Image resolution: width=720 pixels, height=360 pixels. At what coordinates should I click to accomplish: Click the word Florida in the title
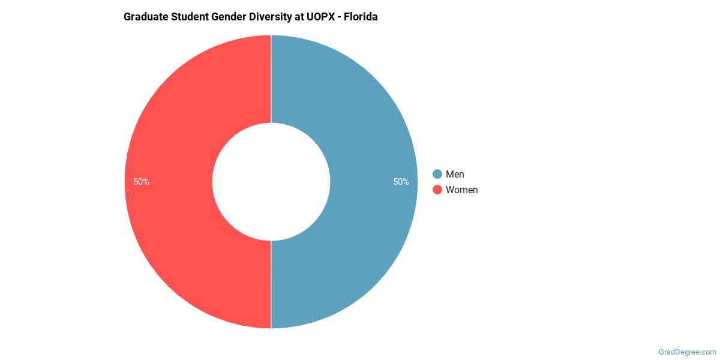[x=361, y=17]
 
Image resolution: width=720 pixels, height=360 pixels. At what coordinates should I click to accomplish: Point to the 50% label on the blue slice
[x=401, y=182]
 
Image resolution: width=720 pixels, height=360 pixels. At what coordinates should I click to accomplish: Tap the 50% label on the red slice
[x=142, y=182]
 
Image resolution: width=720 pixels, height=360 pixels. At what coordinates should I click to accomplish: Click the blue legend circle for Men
[x=437, y=174]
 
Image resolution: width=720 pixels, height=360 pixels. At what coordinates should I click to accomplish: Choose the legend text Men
[x=455, y=174]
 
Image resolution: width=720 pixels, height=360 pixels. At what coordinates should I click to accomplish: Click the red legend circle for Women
[x=437, y=190]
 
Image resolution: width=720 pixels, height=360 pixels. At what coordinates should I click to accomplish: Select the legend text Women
[x=461, y=190]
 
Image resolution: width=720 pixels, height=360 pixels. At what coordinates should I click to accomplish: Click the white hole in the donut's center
[x=271, y=182]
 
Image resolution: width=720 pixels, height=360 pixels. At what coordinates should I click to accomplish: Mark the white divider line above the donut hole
[x=271, y=78]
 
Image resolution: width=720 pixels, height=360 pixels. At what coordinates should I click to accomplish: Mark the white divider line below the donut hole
[x=271, y=285]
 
